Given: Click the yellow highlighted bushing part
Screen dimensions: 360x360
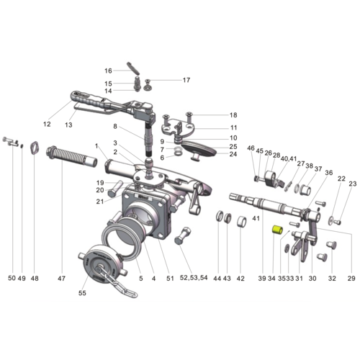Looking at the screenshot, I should point(274,230).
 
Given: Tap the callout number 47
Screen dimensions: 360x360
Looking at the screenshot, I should point(61,278).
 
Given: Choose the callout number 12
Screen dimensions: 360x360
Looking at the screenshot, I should point(47,125).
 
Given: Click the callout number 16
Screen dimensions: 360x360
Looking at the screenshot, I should point(108,71).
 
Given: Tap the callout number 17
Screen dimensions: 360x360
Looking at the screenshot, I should point(186,80).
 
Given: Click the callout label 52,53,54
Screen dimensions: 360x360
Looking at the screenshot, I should point(192,278).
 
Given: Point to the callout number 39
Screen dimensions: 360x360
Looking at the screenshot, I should point(262,278).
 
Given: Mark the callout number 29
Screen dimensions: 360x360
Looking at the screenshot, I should point(352,278).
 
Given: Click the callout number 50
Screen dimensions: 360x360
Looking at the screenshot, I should point(11,278).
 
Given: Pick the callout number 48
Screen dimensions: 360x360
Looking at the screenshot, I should point(34,278).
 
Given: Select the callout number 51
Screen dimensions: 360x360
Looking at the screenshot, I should point(170,278).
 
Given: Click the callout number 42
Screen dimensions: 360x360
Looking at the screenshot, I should point(241,278).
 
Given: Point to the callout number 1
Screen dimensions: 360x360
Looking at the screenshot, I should point(95,146).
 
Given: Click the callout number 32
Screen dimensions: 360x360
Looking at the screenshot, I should point(332,278).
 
